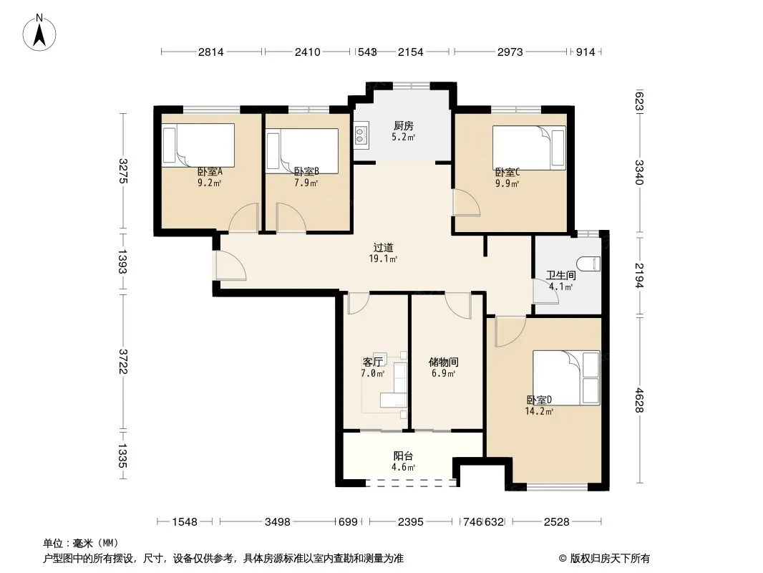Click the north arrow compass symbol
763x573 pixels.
(39, 33)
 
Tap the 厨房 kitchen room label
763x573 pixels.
(404, 126)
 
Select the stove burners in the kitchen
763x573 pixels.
(361, 135)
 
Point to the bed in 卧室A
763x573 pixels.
(198, 145)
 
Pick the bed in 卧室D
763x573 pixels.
(566, 377)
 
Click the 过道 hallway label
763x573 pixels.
(383, 248)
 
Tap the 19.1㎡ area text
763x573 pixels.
(383, 259)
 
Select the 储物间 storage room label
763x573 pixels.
(443, 362)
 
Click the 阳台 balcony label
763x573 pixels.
(403, 456)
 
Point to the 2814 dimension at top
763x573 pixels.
(210, 52)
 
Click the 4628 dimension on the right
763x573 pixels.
(639, 400)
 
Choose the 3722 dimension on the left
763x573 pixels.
(122, 362)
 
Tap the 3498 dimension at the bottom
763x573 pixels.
(278, 522)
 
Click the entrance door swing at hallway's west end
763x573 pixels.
(230, 265)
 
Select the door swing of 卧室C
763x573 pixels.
(466, 202)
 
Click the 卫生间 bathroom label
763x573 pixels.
(561, 275)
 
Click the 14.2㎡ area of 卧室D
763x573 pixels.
(539, 411)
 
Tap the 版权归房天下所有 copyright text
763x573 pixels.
(610, 559)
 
